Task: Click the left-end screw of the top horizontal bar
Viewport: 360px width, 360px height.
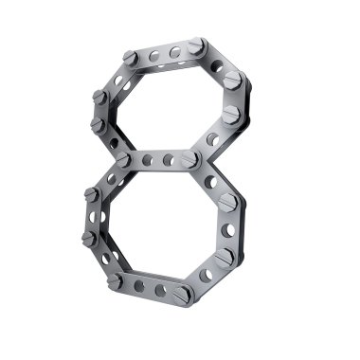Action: click(x=130, y=58)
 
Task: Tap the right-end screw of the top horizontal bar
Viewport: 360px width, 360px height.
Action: click(x=197, y=45)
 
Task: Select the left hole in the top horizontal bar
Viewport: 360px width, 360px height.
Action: click(x=154, y=56)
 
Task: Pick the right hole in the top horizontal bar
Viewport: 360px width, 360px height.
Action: click(x=175, y=52)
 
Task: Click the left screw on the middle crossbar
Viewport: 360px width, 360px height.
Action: click(x=123, y=159)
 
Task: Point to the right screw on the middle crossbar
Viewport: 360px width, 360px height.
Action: click(x=189, y=159)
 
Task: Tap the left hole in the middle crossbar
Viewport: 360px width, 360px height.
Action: click(x=147, y=160)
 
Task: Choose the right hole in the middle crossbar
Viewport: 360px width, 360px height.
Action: click(x=168, y=159)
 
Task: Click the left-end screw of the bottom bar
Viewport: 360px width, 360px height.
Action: click(x=115, y=281)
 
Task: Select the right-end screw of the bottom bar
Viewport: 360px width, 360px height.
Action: click(x=183, y=296)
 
